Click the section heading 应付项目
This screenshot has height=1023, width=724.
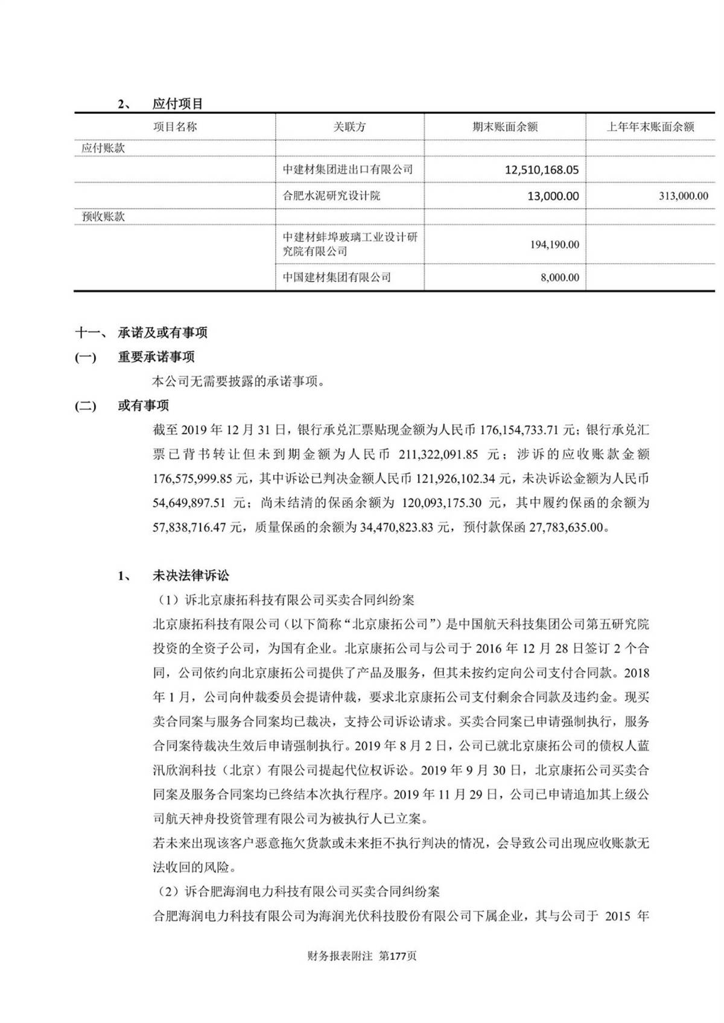(x=177, y=104)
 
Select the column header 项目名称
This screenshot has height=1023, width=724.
(x=175, y=127)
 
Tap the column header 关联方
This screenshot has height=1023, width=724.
(x=349, y=127)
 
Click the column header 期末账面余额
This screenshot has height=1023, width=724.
(x=505, y=127)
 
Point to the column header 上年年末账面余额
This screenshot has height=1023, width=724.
(x=650, y=127)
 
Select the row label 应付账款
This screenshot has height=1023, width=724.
(x=103, y=148)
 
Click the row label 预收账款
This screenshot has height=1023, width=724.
(x=103, y=216)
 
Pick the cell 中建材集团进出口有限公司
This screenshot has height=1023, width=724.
(x=348, y=169)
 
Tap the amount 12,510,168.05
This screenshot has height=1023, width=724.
(x=541, y=170)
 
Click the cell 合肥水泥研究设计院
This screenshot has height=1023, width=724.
(x=332, y=196)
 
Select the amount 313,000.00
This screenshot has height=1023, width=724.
(x=683, y=196)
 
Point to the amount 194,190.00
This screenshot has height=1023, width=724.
(x=554, y=245)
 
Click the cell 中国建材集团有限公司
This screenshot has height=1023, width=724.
(x=337, y=277)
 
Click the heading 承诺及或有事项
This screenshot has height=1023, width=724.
(x=162, y=333)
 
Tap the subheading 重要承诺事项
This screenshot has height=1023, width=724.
(x=156, y=357)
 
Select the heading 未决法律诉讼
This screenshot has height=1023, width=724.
(x=191, y=576)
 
